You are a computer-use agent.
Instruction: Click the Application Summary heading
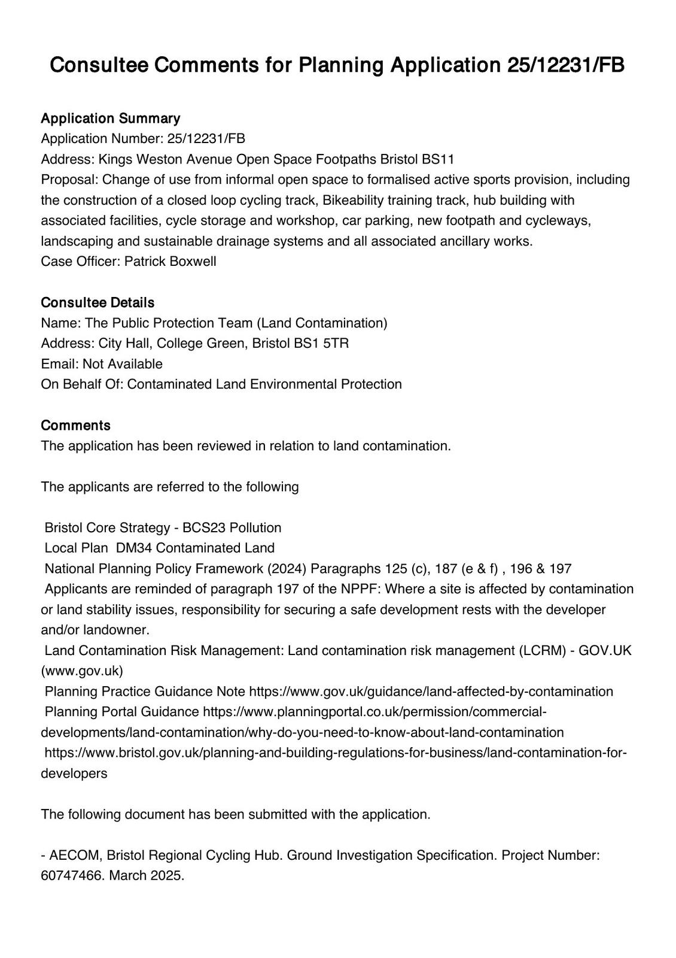coord(110,118)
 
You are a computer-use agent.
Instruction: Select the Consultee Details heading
coord(98,302)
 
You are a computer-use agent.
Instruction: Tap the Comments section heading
coord(75,425)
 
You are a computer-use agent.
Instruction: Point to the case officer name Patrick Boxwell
coord(170,261)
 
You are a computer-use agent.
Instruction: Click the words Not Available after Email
coord(122,363)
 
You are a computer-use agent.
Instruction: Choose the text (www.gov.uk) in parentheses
coord(82,671)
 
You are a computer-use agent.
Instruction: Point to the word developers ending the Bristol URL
coord(74,773)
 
